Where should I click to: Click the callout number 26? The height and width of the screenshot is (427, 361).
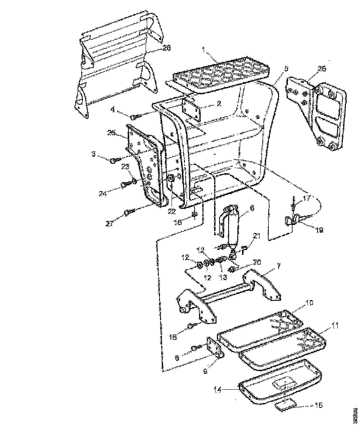tap(322, 69)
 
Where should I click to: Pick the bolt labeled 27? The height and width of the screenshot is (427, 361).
tap(129, 212)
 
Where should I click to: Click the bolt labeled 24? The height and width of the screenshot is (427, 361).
tap(125, 185)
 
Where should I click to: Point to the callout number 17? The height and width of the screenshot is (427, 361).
tap(307, 198)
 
